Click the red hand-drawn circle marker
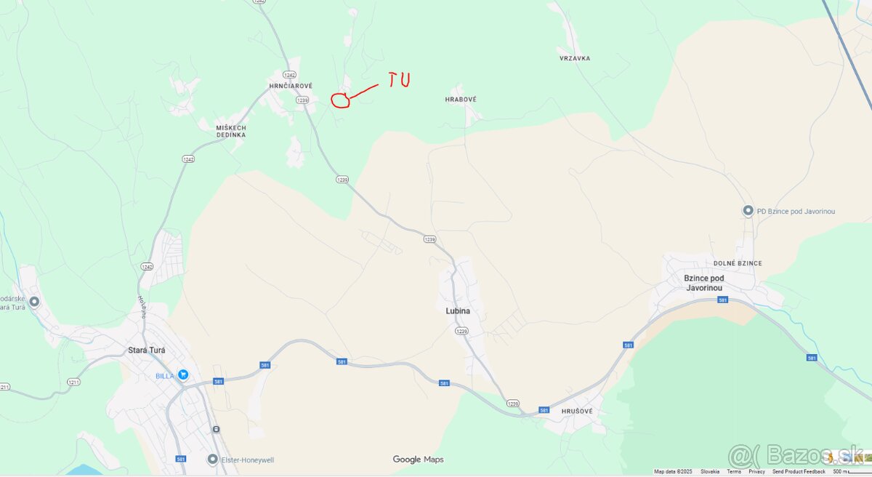(340, 100)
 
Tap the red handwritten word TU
(398, 79)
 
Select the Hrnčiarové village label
(291, 86)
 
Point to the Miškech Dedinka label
(231, 131)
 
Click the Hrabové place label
(461, 100)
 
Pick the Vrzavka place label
(575, 58)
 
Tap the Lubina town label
(458, 311)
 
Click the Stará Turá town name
(147, 350)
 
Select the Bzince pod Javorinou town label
(704, 283)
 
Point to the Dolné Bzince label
(738, 263)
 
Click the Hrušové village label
(577, 412)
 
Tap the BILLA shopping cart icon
(183, 375)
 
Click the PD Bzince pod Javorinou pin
(748, 211)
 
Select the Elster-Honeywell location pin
(212, 460)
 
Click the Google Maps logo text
(418, 460)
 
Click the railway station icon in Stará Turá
(216, 429)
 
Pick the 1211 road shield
(73, 382)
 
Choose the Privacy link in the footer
(756, 472)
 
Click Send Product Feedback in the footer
(799, 472)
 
